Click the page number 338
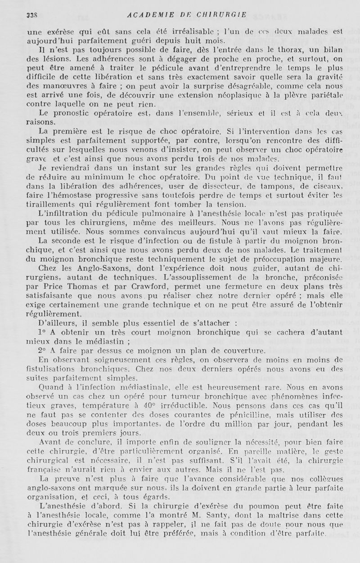pos(32,14)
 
